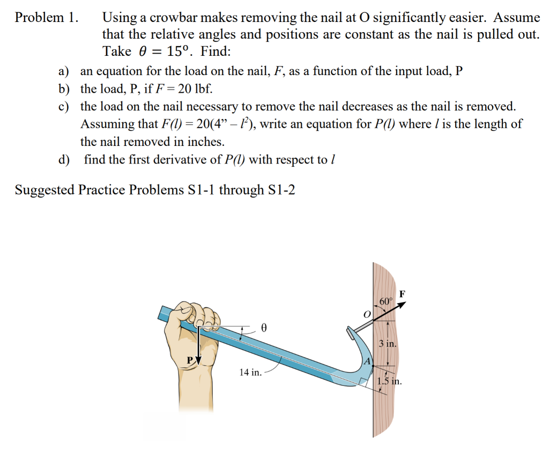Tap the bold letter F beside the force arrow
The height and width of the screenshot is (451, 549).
click(x=403, y=293)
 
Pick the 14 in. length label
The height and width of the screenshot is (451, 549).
click(x=250, y=372)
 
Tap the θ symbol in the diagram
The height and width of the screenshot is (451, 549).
click(x=263, y=327)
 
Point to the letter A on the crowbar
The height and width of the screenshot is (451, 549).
click(x=368, y=361)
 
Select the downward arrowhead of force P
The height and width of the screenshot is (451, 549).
click(x=198, y=359)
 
